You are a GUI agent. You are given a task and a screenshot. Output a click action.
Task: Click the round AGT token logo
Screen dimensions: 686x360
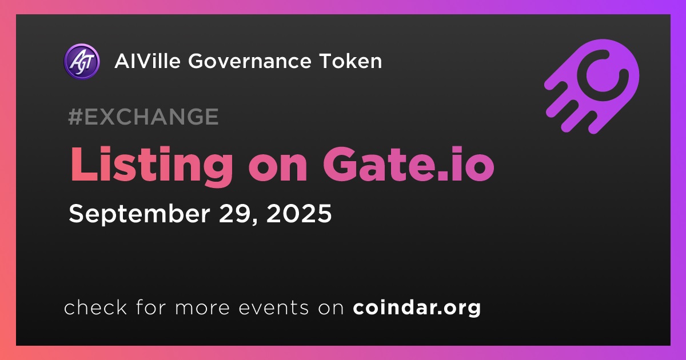coord(82,62)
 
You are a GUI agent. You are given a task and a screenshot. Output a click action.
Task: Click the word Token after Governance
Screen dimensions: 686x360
coord(350,61)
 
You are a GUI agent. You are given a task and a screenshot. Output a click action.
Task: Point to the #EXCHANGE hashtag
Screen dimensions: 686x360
coord(143,117)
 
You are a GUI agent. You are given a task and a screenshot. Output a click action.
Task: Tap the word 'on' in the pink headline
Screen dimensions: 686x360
coord(278,169)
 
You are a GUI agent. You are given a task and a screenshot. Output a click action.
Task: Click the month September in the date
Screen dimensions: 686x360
coord(139,214)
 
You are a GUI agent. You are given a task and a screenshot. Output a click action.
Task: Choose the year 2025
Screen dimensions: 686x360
coord(299,213)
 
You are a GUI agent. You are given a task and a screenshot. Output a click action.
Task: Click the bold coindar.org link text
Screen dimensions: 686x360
coord(417,307)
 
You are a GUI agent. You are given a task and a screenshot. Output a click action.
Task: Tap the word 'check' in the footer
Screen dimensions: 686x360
coord(95,307)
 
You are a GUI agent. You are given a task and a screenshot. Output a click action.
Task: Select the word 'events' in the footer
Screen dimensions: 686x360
coord(273,307)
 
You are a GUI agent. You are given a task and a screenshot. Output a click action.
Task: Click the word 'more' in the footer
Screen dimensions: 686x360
coord(202,308)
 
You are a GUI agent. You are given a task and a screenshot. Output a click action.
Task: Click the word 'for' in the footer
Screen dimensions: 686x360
coord(151,307)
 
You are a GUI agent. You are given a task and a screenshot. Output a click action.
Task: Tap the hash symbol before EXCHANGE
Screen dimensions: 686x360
coord(75,117)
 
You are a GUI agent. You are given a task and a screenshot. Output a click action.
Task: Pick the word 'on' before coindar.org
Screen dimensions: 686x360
coord(331,308)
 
